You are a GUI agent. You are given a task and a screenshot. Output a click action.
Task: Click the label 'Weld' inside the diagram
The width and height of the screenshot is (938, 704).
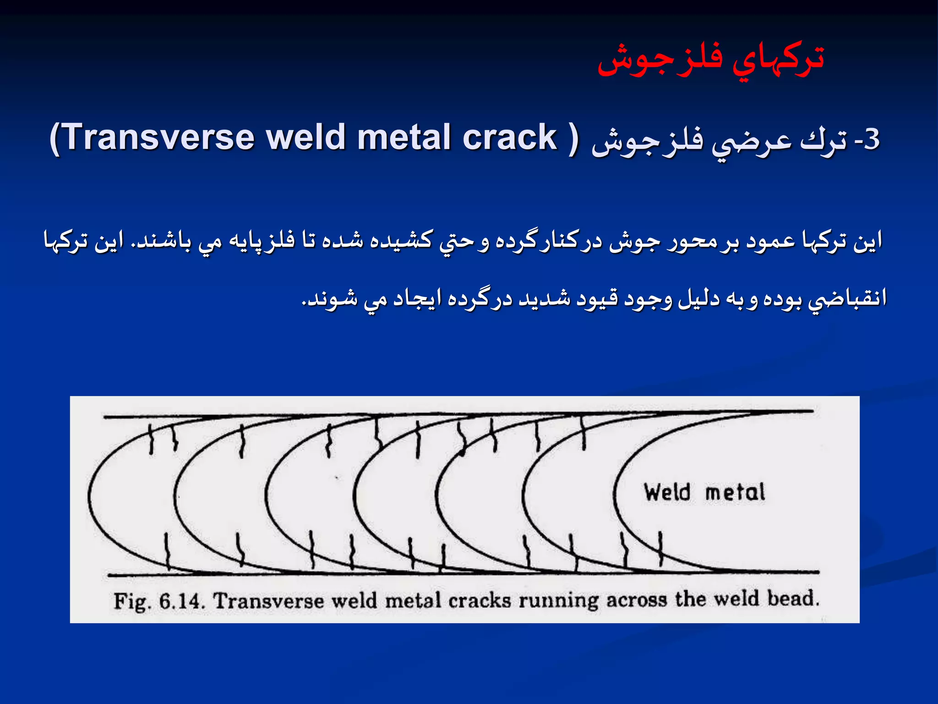tap(667, 493)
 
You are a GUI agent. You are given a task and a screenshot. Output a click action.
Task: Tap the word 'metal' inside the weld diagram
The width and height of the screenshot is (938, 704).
tap(735, 493)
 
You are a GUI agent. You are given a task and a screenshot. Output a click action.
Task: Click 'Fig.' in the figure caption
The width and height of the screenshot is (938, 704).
tap(132, 602)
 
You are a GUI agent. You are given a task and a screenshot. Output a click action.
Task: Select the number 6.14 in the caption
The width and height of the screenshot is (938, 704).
tap(181, 601)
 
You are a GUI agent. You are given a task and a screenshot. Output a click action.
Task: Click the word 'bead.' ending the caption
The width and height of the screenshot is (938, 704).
tap(793, 599)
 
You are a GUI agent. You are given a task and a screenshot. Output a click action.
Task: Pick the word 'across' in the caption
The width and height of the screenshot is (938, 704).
tap(637, 600)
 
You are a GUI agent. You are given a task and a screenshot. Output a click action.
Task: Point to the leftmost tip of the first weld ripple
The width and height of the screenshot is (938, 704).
tap(89, 496)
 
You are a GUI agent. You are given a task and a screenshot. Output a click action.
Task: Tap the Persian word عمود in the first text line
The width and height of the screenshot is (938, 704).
tap(771, 241)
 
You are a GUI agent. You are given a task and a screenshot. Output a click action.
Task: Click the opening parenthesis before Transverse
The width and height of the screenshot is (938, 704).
tap(55, 138)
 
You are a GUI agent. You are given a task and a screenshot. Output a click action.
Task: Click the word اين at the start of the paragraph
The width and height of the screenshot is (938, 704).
tap(867, 241)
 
